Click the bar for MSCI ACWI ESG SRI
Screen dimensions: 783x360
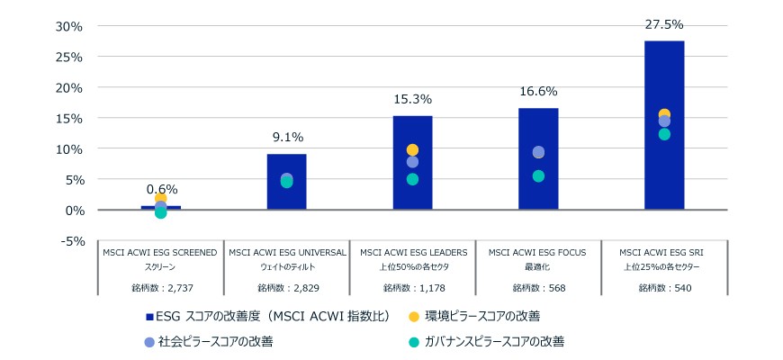click(x=664, y=125)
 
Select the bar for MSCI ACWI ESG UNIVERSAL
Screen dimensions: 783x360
click(x=286, y=182)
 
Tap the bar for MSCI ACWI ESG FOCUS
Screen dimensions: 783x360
click(x=538, y=158)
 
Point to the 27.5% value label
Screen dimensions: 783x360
click(x=664, y=25)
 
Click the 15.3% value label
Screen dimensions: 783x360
click(x=412, y=99)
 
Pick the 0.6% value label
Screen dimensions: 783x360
click(x=162, y=189)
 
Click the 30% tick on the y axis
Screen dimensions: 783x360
click(x=69, y=26)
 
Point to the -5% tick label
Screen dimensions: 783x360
click(x=71, y=241)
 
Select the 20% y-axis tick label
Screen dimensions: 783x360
click(x=69, y=87)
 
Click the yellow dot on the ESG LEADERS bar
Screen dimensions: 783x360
click(x=412, y=149)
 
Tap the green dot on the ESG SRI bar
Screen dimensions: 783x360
click(x=664, y=134)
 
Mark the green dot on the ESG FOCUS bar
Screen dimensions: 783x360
click(x=538, y=176)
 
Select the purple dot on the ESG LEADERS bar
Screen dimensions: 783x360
click(x=412, y=162)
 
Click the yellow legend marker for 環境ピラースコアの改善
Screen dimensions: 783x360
click(x=413, y=317)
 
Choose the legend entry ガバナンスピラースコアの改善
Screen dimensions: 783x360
click(x=486, y=342)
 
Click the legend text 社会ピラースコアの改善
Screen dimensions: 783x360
click(x=216, y=342)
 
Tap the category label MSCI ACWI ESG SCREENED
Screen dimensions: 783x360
click(x=160, y=253)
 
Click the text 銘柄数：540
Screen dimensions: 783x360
click(x=665, y=288)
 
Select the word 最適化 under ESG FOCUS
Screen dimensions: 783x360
click(x=539, y=267)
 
